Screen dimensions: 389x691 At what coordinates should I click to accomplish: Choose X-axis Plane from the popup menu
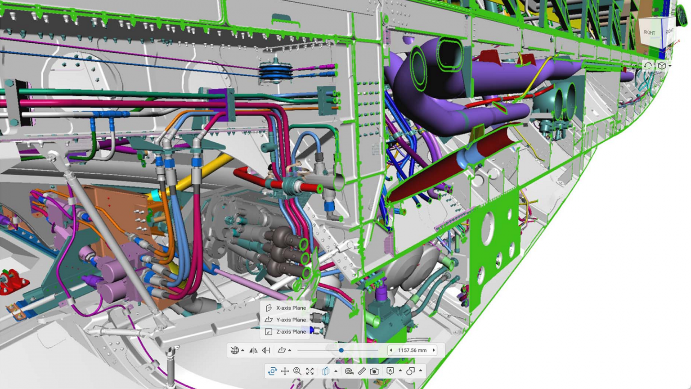click(x=290, y=308)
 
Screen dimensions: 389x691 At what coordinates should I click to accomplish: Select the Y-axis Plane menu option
click(x=290, y=320)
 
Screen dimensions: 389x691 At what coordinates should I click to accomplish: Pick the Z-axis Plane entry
click(x=290, y=332)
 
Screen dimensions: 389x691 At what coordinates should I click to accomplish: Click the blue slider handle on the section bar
click(x=341, y=350)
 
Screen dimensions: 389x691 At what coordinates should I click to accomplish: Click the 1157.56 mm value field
click(x=412, y=350)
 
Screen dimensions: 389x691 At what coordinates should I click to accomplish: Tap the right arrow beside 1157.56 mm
click(x=434, y=350)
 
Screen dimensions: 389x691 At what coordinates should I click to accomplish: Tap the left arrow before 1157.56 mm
click(x=391, y=350)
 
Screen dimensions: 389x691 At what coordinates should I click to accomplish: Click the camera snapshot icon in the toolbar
click(x=374, y=371)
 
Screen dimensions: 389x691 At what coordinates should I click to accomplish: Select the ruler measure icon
click(x=362, y=371)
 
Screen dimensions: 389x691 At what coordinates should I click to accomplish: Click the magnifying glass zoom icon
click(x=297, y=371)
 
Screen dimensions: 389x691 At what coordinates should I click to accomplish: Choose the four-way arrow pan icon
click(x=285, y=371)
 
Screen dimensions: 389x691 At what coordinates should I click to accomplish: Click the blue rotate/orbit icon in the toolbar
click(x=272, y=371)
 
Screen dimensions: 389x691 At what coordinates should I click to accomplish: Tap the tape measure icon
click(x=349, y=371)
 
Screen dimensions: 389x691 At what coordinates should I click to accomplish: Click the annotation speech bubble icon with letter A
click(x=390, y=371)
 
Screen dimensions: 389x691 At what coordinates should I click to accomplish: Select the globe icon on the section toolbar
click(x=234, y=350)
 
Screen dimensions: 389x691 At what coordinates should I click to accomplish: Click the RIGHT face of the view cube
click(x=649, y=32)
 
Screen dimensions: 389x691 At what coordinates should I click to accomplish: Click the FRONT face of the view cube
click(x=669, y=31)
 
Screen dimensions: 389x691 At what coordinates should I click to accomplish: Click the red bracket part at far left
click(x=13, y=282)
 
